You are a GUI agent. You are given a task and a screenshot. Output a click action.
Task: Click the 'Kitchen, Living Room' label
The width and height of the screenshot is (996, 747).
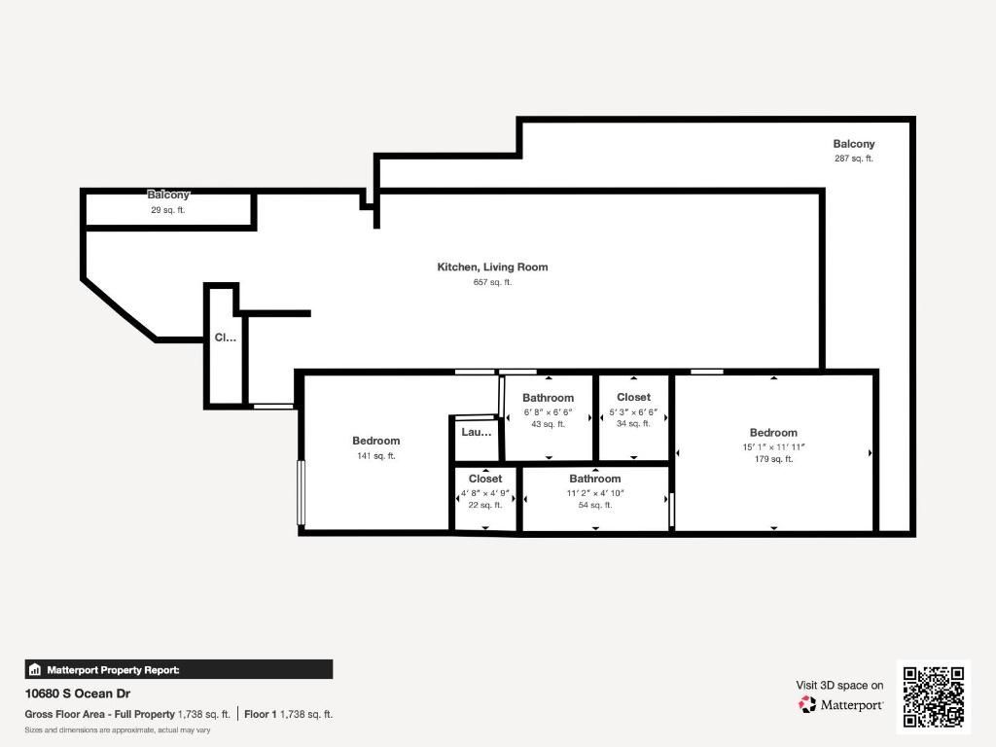[x=492, y=267]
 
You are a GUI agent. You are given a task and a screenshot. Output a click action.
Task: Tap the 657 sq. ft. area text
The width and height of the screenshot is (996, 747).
[x=492, y=282]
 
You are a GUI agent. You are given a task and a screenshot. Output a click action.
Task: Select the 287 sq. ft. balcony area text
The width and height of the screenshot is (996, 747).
[x=854, y=159]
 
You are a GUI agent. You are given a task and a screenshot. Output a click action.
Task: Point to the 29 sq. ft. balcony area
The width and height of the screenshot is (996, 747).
[x=167, y=210]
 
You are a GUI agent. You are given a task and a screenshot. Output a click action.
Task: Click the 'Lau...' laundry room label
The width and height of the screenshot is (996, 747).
[x=477, y=432]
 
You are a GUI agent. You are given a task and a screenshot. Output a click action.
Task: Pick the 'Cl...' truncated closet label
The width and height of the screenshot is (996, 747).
[x=225, y=338]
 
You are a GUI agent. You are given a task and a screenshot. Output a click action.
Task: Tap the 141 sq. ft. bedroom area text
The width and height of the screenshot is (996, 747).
[x=375, y=456]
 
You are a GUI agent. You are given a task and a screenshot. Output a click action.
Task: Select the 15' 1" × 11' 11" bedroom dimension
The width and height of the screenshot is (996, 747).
[x=773, y=447]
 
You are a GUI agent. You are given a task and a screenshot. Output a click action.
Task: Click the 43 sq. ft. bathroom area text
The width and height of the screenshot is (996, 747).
[x=548, y=424]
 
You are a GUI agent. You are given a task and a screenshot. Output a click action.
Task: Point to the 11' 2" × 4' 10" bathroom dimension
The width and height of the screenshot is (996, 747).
[x=595, y=493]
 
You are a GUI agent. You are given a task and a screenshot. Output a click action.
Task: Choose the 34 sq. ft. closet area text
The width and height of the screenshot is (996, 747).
[x=633, y=424]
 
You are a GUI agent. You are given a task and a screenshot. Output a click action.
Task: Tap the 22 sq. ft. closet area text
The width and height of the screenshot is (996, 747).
[x=485, y=505]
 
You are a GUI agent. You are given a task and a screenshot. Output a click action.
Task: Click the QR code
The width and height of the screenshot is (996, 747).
[x=934, y=696]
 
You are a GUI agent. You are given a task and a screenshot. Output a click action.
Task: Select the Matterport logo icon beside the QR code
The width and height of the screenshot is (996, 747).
[x=807, y=704]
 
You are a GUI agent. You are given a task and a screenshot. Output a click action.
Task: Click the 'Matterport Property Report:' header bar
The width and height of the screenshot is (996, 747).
[x=179, y=669]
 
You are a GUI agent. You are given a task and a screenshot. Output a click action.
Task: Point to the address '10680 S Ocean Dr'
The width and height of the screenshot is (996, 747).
[x=78, y=694]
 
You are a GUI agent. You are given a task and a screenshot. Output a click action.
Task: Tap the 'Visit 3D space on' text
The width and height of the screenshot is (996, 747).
[x=839, y=686]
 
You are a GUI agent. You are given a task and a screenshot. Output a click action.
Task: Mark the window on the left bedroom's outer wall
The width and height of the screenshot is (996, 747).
[x=302, y=492]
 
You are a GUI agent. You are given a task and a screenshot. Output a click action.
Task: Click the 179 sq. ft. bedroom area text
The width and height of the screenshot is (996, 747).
[x=773, y=459]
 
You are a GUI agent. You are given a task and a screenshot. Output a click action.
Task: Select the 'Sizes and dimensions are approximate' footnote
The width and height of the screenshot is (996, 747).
[x=118, y=729]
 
